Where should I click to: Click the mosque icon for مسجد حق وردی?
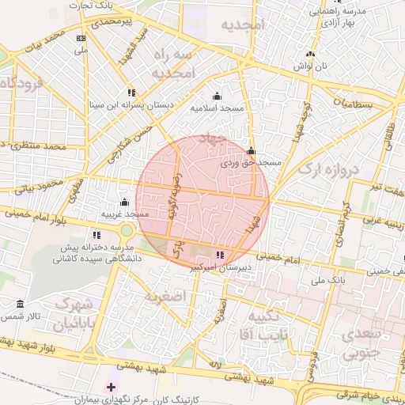tap(252, 150)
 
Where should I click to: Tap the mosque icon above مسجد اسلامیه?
tap(217, 96)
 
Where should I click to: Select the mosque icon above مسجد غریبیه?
tap(123, 202)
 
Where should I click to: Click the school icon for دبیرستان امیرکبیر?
tap(220, 255)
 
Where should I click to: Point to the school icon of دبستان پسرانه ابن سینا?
tap(131, 92)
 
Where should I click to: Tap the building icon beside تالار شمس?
tap(20, 305)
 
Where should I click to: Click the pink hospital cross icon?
tap(111, 388)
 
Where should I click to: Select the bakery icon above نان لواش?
tap(310, 54)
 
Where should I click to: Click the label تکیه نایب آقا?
tap(267, 326)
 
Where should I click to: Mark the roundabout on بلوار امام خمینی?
tap(127, 230)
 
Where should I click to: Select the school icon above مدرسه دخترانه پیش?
tap(97, 235)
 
